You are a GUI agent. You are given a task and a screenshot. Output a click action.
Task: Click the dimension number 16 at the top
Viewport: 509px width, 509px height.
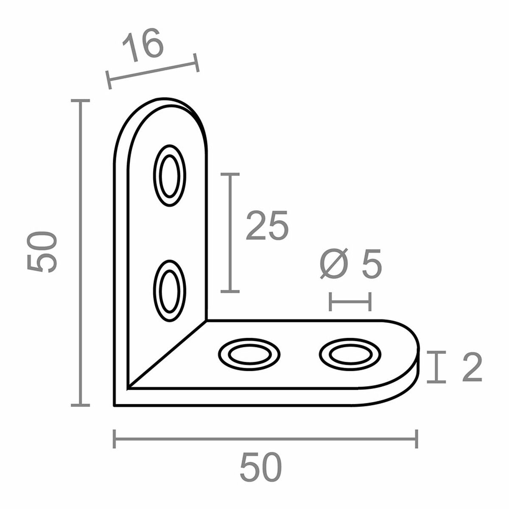(143, 45)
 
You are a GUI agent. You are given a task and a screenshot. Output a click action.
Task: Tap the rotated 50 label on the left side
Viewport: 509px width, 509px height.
(42, 252)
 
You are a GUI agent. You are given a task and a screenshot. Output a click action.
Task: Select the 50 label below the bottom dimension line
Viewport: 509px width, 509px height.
(260, 467)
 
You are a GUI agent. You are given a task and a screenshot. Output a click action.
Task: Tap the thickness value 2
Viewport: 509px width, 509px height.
(471, 367)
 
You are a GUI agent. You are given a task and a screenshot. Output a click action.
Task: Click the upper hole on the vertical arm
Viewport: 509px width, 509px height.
(170, 176)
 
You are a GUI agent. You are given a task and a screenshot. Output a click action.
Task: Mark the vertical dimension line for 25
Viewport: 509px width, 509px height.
(230, 232)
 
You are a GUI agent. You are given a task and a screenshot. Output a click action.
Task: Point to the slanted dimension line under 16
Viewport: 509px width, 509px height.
(153, 71)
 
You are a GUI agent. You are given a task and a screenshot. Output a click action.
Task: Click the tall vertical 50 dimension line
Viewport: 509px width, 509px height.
(80, 253)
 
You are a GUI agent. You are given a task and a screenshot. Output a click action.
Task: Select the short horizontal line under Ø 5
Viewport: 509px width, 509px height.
(350, 302)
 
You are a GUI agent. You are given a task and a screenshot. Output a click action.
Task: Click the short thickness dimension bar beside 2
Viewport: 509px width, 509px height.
(436, 367)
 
